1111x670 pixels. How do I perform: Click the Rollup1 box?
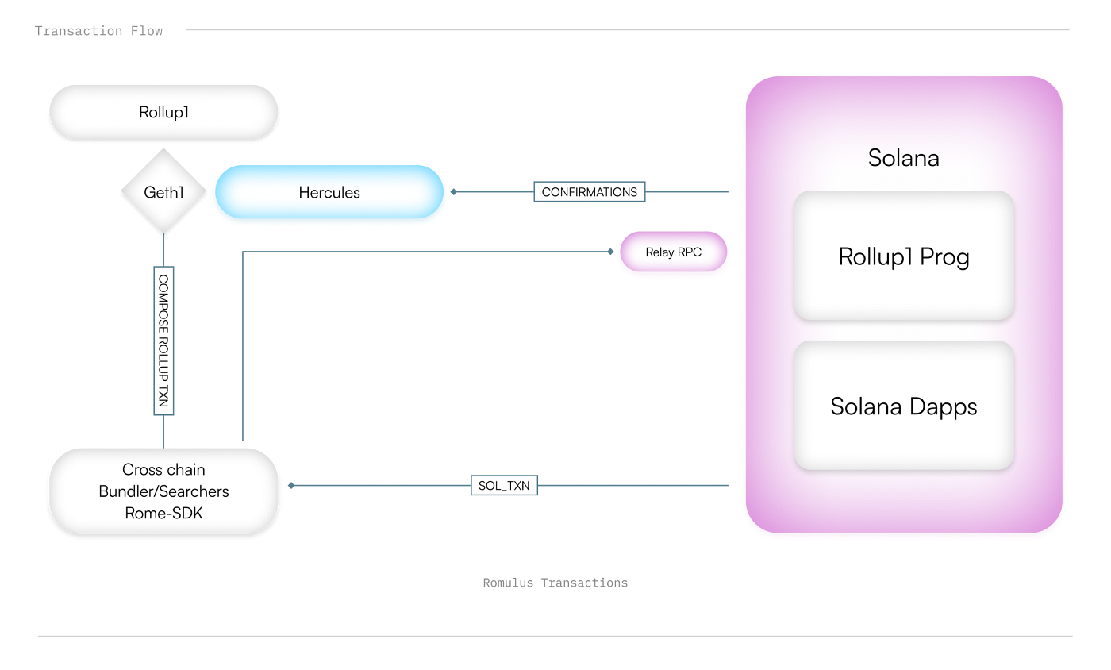pos(163,112)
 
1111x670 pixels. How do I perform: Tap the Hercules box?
pos(329,192)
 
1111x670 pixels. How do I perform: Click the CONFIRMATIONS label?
pos(589,192)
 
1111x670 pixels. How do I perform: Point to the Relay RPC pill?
pos(673,252)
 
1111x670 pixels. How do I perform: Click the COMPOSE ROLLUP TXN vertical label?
pos(163,341)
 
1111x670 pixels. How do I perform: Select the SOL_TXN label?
pos(504,485)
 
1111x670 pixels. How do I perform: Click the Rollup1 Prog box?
pos(904,256)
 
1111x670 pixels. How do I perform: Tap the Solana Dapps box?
pos(904,406)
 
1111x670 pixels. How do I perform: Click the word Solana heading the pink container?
pos(904,157)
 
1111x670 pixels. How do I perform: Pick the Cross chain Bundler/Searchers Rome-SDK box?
pos(163,491)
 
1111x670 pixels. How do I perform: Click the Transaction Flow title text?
pos(98,31)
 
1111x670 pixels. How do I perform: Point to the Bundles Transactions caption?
pos(555,583)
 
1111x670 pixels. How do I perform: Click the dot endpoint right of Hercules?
pos(454,192)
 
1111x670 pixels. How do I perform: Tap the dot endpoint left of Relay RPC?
pos(610,252)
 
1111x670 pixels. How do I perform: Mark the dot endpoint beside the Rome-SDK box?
pos(291,485)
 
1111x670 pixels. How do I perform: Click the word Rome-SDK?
pos(163,513)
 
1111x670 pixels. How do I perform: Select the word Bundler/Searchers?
pos(163,491)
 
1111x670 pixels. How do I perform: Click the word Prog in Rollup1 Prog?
pos(944,258)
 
